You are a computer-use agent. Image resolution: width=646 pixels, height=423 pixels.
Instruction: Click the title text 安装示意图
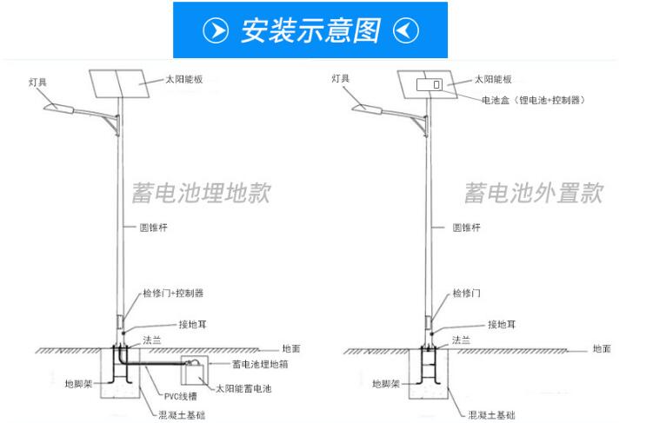(x=310, y=30)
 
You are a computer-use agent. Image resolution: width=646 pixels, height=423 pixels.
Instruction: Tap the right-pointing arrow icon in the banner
(x=216, y=30)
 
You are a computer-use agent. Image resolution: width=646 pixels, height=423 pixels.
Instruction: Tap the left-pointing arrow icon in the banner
(x=406, y=30)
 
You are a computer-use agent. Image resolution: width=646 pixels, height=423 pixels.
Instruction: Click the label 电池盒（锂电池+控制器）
(x=533, y=100)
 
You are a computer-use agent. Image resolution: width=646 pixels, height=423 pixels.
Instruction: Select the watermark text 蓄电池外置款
(x=532, y=192)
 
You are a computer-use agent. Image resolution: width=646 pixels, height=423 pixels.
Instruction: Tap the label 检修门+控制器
(x=174, y=294)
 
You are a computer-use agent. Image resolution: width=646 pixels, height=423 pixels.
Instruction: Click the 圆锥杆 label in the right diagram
(x=467, y=228)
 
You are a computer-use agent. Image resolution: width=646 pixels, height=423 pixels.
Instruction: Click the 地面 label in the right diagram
(x=602, y=348)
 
